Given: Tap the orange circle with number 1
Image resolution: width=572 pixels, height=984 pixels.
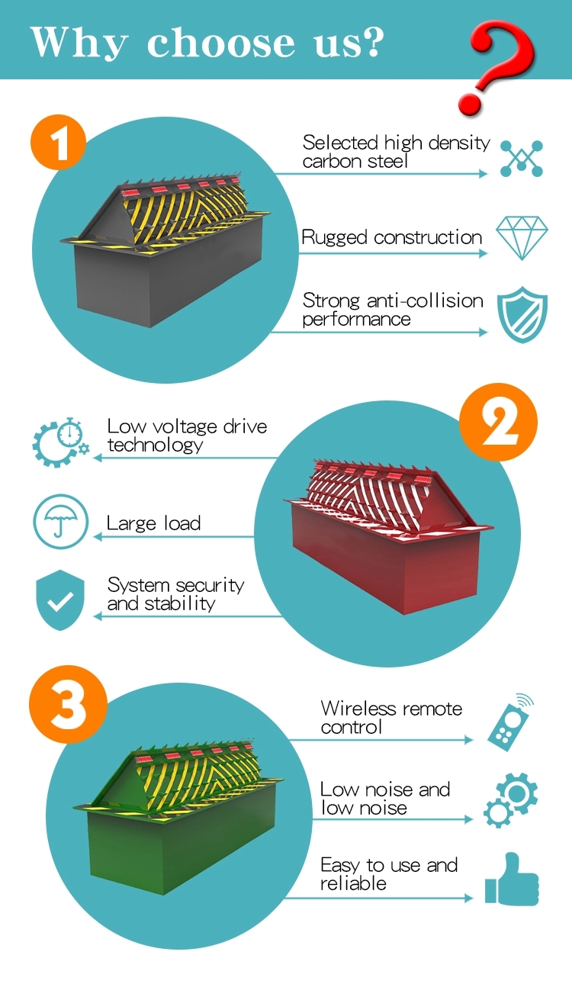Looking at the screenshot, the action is (x=58, y=143).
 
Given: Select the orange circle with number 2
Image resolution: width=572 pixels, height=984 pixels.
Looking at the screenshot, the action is (x=498, y=422).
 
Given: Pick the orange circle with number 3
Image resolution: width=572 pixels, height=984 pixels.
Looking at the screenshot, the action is (x=68, y=704).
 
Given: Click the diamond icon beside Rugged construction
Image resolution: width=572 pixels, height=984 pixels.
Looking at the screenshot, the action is (x=522, y=237).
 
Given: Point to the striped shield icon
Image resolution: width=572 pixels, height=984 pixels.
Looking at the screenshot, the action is (x=522, y=314).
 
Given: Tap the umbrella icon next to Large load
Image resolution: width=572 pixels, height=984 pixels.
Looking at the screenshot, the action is (x=60, y=522).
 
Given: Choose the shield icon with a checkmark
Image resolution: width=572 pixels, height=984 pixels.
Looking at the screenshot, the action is (x=60, y=600).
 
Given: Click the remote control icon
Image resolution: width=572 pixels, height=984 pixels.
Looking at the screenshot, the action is (x=510, y=722).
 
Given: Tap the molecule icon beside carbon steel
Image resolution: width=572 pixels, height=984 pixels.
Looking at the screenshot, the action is (x=522, y=159).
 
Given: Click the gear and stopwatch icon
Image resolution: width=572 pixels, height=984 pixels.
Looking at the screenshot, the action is (x=59, y=442).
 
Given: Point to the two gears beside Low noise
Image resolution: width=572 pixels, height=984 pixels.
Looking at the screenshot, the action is (x=510, y=800).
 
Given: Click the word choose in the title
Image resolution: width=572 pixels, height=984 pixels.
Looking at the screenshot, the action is (x=221, y=43).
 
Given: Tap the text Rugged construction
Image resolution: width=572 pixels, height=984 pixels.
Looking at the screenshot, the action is (x=391, y=238).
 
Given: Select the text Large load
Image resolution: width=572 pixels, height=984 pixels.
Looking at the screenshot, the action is (x=154, y=523).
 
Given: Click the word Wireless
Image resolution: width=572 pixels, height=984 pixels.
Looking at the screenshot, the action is (x=358, y=708).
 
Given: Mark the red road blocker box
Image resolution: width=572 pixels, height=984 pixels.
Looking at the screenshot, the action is (x=389, y=536).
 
